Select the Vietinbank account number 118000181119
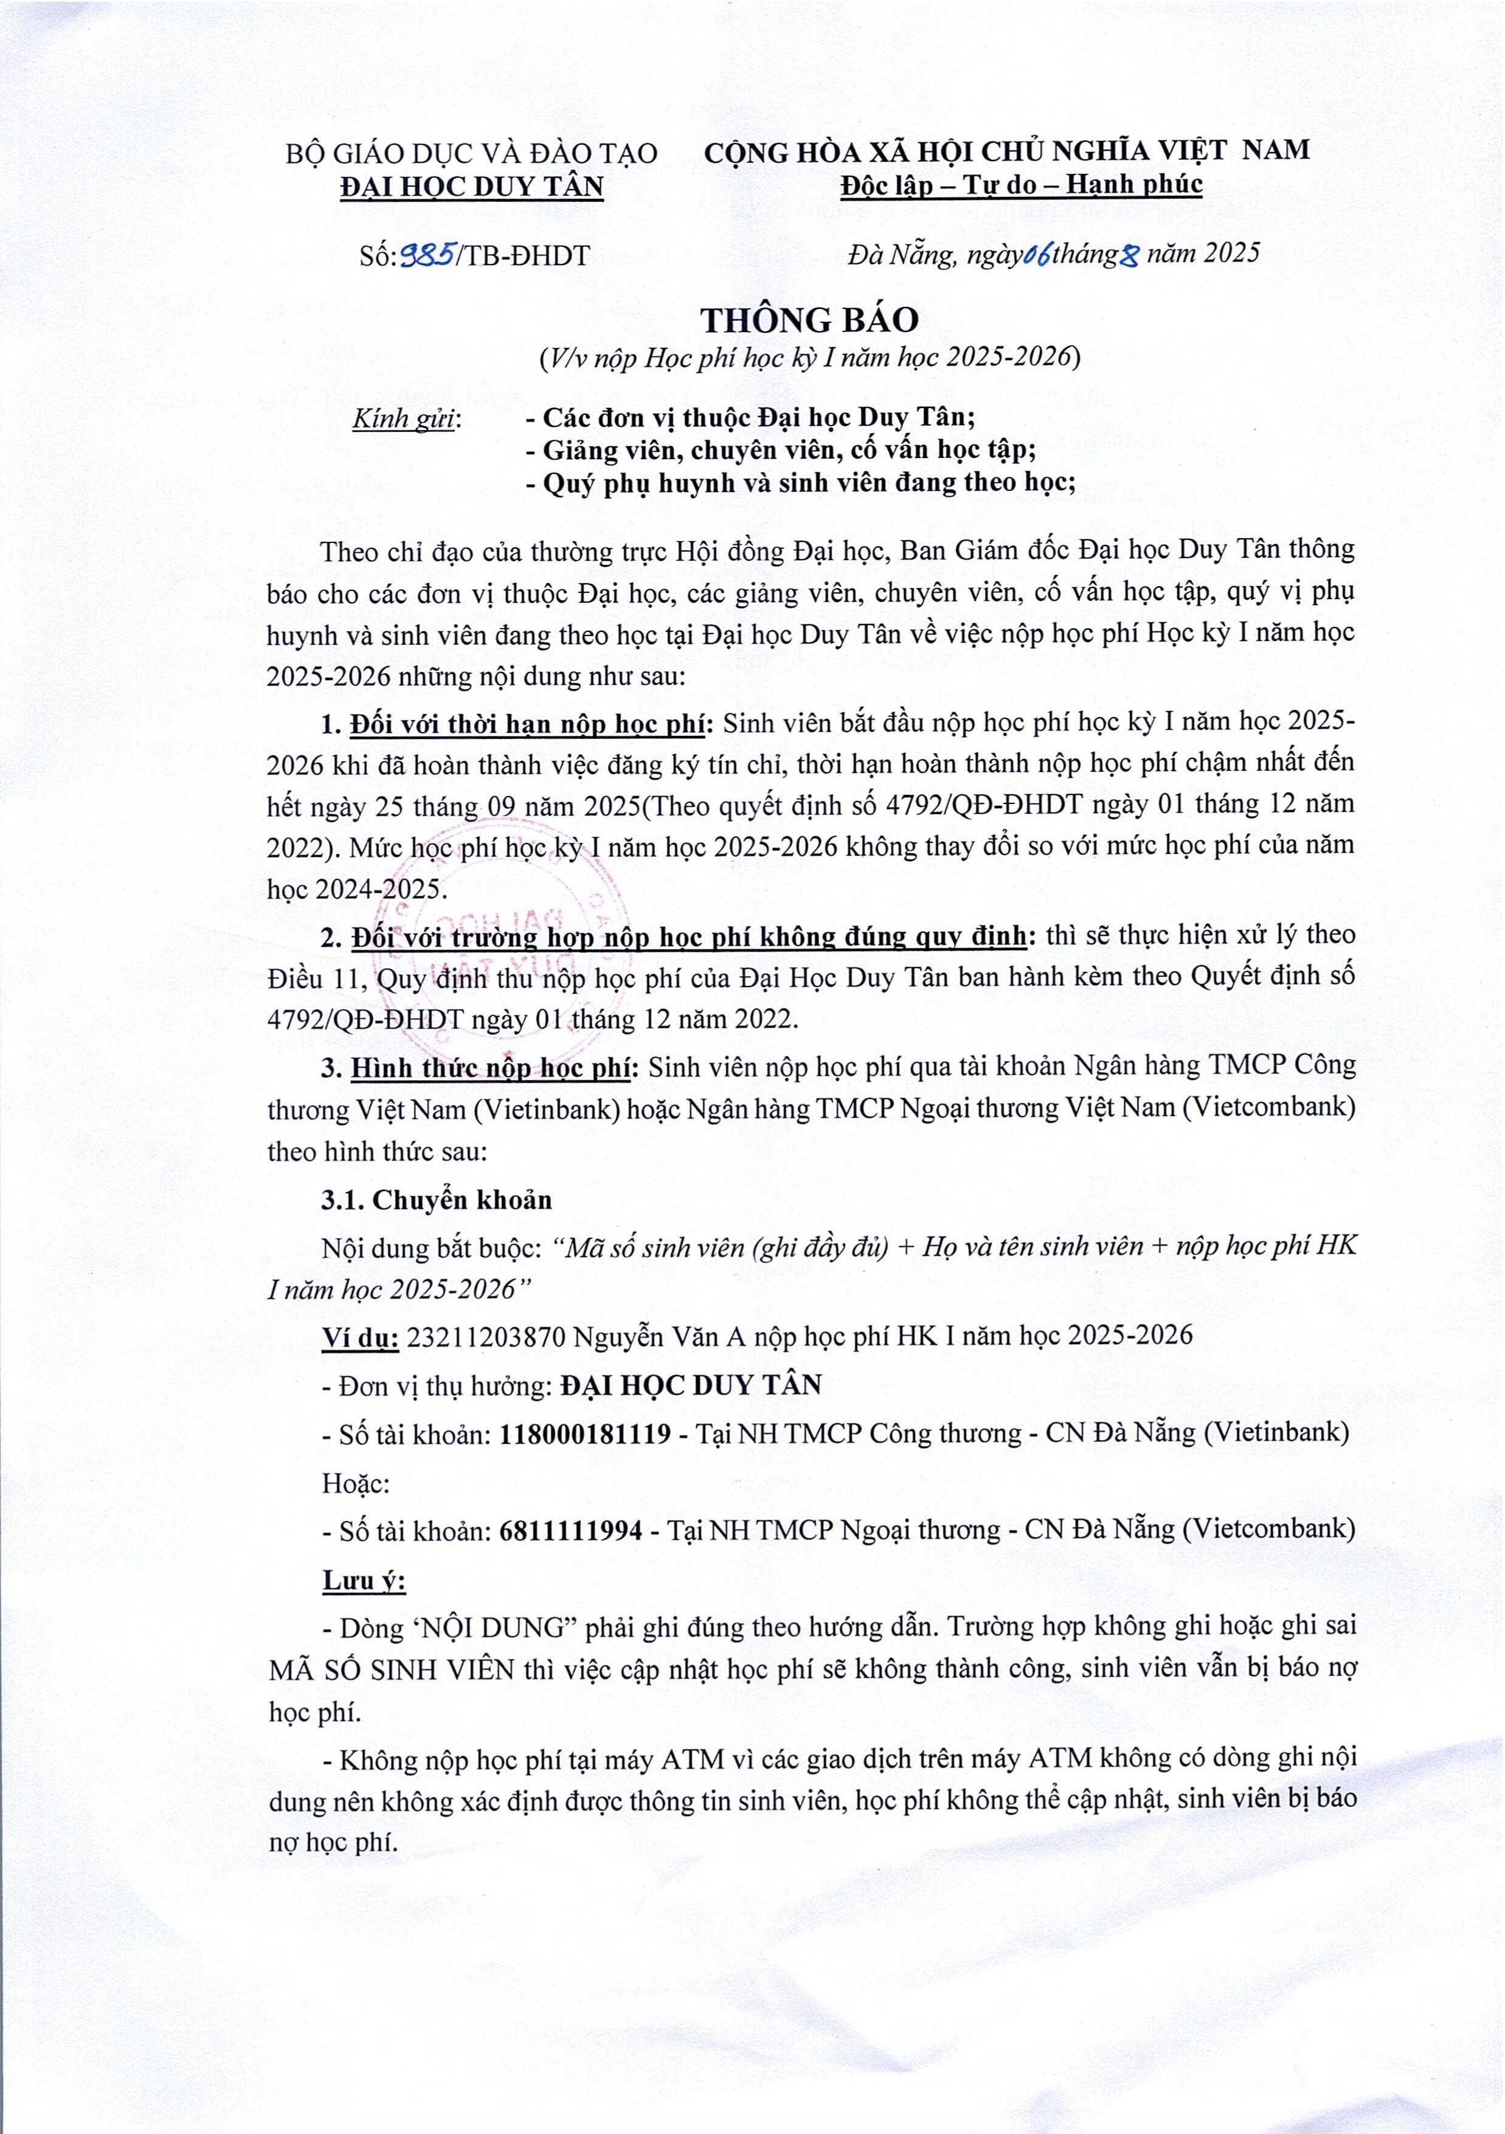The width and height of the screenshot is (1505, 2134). coord(585,1433)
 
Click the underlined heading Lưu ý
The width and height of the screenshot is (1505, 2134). coord(364,1581)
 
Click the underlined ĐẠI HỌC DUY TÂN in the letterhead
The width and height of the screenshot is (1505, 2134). coord(472,187)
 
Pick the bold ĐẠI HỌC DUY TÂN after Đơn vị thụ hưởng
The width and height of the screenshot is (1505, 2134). coord(691,1385)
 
